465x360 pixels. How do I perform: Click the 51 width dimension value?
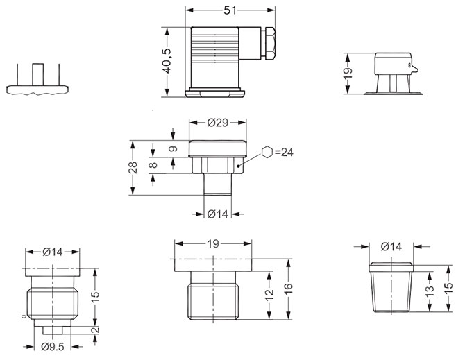click(x=230, y=10)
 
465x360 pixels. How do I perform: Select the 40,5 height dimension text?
click(x=167, y=61)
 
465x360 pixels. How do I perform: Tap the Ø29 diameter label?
click(x=218, y=122)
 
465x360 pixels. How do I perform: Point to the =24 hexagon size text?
click(x=284, y=152)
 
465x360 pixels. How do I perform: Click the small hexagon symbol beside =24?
click(x=267, y=152)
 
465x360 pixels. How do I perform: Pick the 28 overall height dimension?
click(x=133, y=167)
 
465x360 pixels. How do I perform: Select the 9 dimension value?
click(x=174, y=148)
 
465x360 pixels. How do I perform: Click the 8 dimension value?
click(x=153, y=165)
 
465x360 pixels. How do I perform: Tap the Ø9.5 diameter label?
click(x=53, y=346)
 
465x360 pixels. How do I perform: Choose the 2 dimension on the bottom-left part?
click(x=96, y=329)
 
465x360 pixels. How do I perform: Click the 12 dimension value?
click(x=269, y=295)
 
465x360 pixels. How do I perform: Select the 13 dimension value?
click(x=430, y=293)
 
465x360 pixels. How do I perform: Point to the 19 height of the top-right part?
click(x=348, y=73)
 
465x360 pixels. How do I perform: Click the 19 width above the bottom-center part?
click(x=213, y=244)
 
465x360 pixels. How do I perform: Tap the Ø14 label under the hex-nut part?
click(x=218, y=214)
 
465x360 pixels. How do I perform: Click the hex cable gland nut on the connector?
click(x=269, y=43)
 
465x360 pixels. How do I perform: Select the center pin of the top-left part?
click(x=38, y=75)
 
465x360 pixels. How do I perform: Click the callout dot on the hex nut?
click(x=238, y=166)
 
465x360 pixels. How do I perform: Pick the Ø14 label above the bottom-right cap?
click(x=391, y=246)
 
